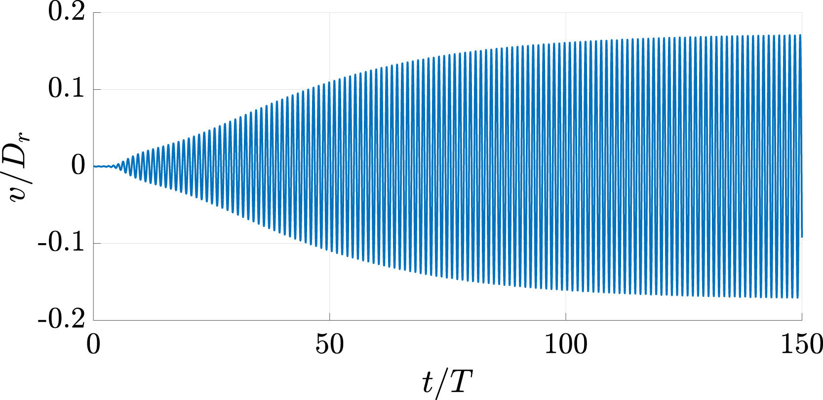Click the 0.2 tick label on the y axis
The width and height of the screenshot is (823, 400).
[67, 13]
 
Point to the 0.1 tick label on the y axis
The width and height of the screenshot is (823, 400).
[67, 90]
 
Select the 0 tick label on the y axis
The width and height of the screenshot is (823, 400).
[79, 167]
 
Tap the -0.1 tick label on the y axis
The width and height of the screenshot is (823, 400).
[61, 244]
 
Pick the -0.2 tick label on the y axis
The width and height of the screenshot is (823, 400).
[61, 320]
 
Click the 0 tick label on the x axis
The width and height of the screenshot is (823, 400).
[93, 345]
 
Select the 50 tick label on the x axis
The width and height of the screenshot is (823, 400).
[329, 345]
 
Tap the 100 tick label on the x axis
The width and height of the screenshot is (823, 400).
[565, 345]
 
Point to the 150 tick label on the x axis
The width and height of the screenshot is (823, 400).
[801, 345]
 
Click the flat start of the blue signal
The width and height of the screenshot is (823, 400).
[101, 167]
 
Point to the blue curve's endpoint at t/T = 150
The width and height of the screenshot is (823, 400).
[801, 237]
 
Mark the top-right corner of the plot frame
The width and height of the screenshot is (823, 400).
[802, 13]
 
